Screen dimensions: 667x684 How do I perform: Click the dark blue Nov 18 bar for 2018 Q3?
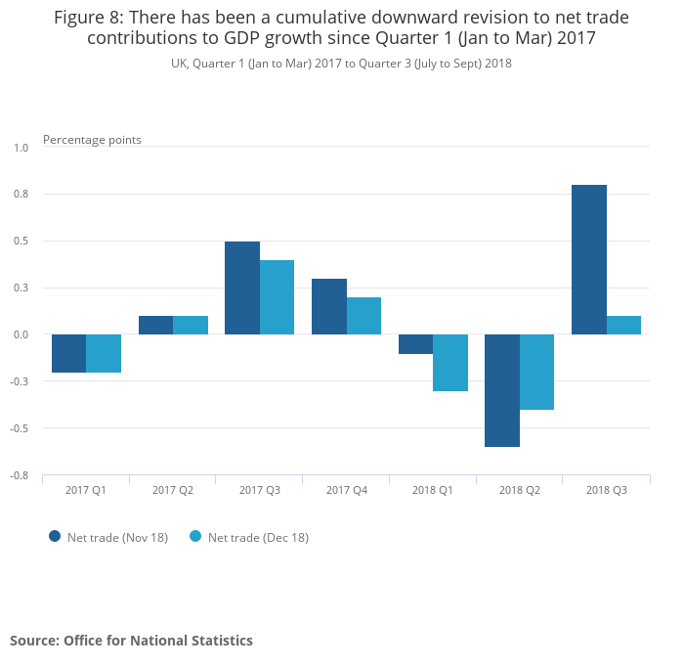click(x=588, y=259)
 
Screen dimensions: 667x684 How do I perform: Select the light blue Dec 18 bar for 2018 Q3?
click(x=623, y=325)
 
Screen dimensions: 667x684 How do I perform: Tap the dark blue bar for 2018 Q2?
click(x=502, y=390)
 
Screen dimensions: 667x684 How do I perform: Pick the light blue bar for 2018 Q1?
click(x=450, y=363)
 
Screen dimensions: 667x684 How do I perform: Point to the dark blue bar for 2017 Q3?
click(x=242, y=288)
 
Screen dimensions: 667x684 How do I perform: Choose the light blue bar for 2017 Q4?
click(x=363, y=316)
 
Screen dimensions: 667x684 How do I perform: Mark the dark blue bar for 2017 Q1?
click(x=68, y=353)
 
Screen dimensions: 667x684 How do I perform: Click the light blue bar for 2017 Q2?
click(x=191, y=325)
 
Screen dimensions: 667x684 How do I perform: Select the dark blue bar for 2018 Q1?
click(x=415, y=344)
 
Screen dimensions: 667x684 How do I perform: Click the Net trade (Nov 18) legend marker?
click(x=55, y=536)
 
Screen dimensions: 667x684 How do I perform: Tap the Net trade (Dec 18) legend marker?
click(x=194, y=536)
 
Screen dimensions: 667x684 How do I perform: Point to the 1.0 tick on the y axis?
click(x=21, y=148)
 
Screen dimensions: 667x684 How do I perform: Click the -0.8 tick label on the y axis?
click(x=20, y=475)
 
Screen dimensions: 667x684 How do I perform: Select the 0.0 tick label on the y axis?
click(x=21, y=334)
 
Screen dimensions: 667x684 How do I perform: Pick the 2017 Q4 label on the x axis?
click(x=347, y=490)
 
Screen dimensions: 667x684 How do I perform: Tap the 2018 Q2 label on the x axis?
click(x=520, y=490)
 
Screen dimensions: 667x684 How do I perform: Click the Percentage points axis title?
click(x=92, y=140)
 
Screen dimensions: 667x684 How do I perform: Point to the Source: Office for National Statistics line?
click(x=131, y=641)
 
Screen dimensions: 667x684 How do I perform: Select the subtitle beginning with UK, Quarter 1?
click(x=341, y=64)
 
